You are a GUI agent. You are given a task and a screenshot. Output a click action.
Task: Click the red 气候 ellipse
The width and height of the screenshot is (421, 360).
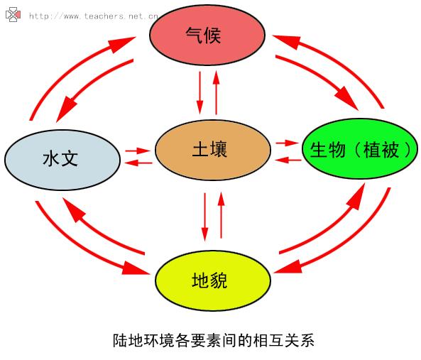point(207,35)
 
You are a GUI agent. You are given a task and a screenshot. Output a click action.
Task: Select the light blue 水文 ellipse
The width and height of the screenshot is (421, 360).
point(62,160)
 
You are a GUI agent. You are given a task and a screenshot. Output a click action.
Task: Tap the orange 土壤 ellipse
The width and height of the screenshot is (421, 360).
point(213,150)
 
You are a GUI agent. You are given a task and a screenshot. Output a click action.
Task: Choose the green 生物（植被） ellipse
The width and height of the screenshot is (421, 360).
point(361,148)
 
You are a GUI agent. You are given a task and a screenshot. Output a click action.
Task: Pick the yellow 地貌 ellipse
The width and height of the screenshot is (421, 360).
point(213,280)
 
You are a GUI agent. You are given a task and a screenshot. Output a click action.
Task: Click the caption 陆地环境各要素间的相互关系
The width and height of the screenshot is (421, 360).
point(214,340)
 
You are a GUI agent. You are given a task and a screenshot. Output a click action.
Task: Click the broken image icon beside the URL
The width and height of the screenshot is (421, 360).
point(13,14)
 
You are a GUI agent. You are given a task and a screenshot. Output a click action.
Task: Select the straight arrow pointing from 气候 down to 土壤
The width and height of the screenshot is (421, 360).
point(199,93)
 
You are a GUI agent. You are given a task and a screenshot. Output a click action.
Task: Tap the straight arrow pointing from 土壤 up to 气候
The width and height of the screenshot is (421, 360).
point(216,93)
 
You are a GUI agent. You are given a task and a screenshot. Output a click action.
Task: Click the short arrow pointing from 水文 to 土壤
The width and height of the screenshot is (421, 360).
point(138,151)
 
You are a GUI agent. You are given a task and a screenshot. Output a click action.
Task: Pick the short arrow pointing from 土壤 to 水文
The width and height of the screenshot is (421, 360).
point(138,163)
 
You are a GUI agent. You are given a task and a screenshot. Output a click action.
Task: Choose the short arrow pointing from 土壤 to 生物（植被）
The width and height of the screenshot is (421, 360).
point(288,143)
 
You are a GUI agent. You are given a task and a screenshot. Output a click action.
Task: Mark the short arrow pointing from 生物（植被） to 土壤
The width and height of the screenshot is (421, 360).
point(288,160)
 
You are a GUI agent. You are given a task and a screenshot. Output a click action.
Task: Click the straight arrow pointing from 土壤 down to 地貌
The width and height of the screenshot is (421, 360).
point(205,217)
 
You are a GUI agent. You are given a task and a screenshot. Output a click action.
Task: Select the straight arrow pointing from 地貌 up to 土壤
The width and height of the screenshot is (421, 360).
point(222,215)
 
